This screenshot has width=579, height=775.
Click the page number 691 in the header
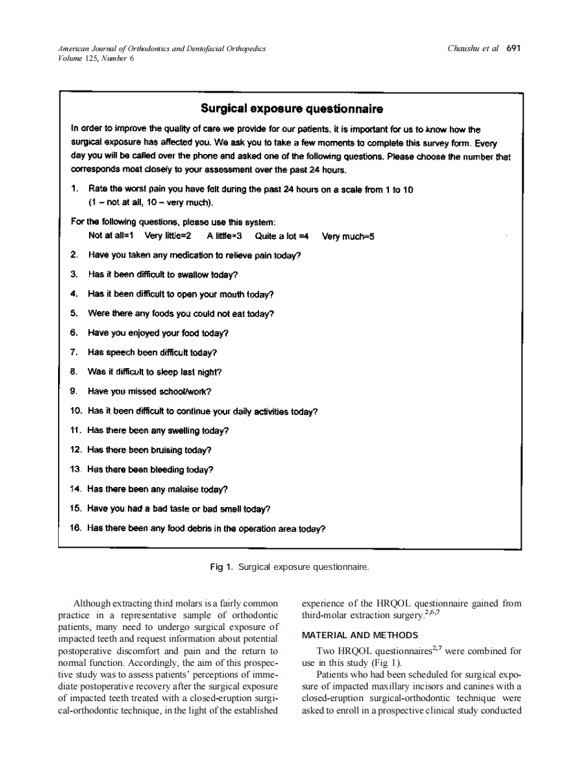click(x=513, y=48)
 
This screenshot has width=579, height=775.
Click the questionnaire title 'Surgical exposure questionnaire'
click(x=292, y=108)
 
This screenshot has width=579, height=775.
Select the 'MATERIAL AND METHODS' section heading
click(x=360, y=635)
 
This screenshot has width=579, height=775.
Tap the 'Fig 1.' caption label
click(x=222, y=567)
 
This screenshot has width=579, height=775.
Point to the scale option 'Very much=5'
click(x=348, y=236)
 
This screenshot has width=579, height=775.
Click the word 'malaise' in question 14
click(x=182, y=490)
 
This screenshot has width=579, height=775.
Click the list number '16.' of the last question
click(x=76, y=529)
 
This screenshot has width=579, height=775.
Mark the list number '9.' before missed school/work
click(x=74, y=392)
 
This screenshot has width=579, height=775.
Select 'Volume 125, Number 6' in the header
click(x=96, y=58)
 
